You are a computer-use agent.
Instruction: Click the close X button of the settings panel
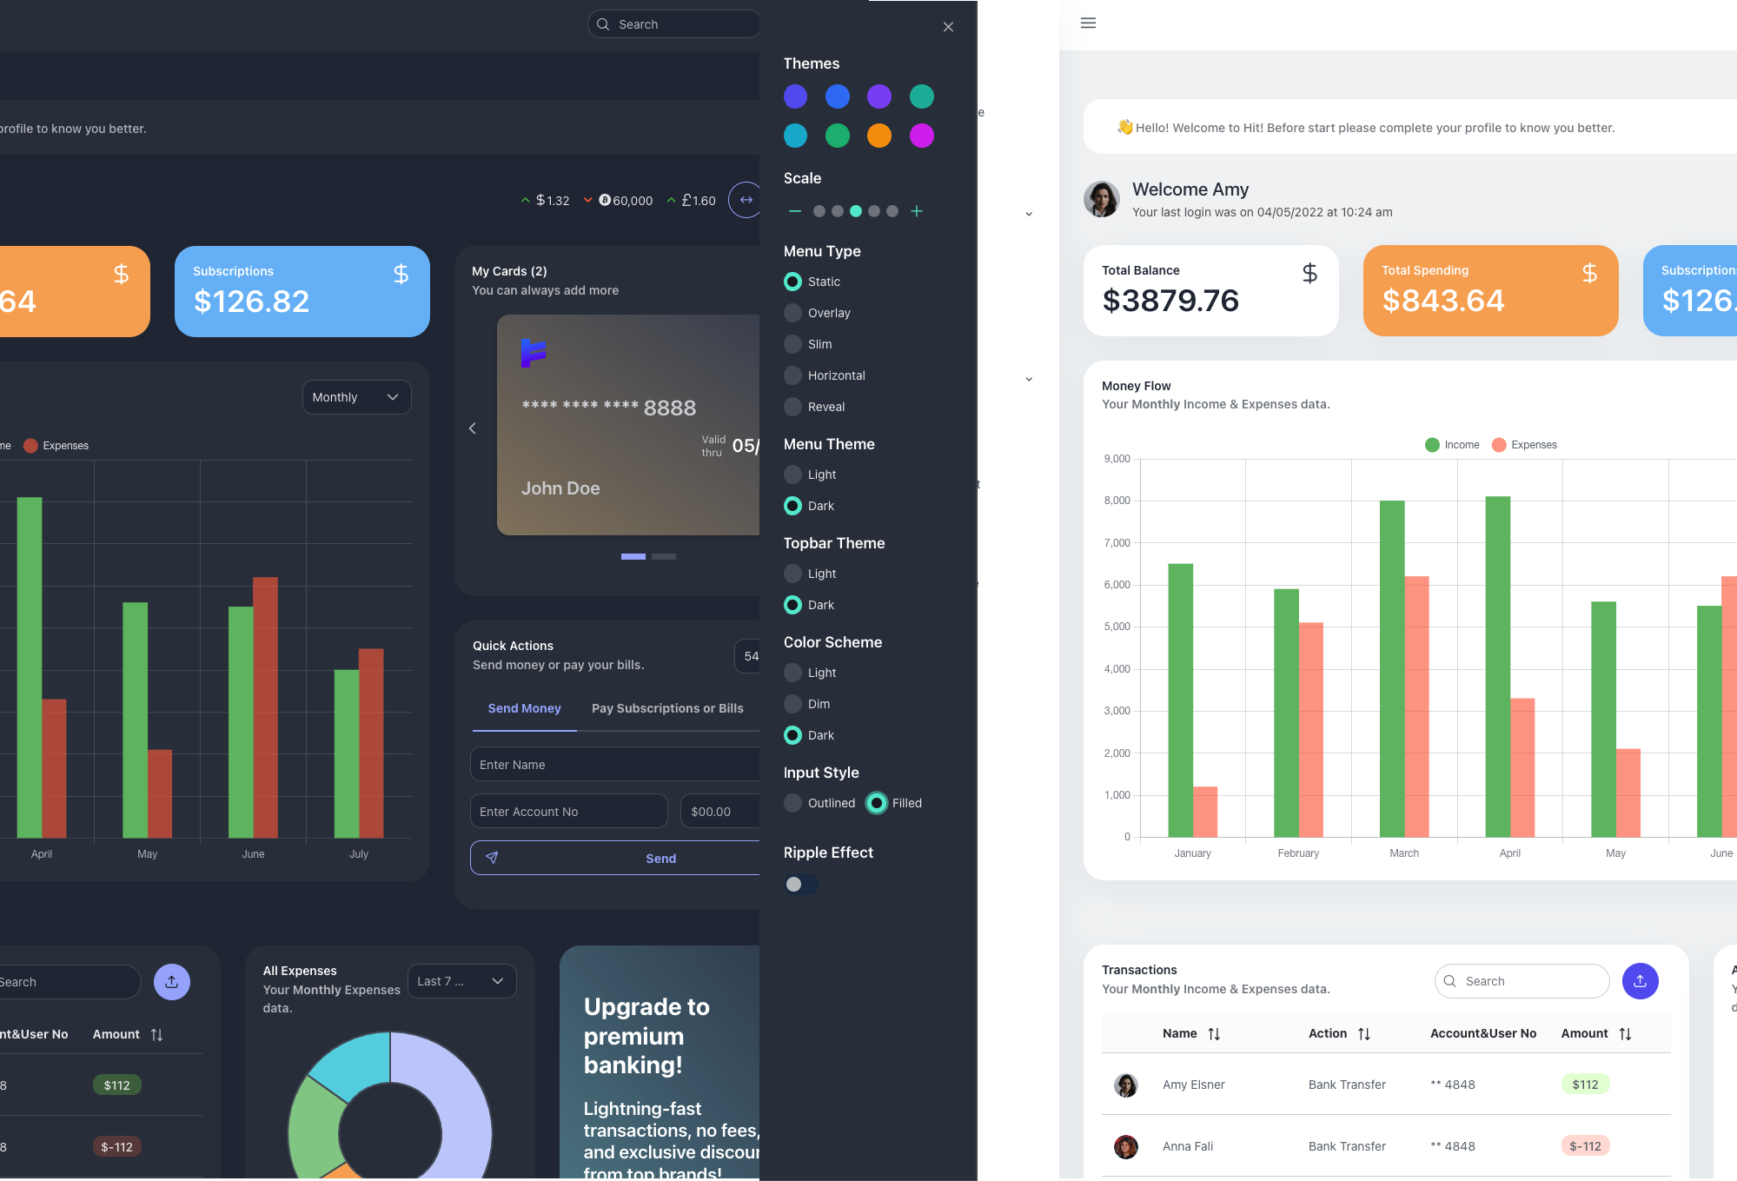pyautogui.click(x=948, y=27)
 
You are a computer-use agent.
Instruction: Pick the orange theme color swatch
pyautogui.click(x=879, y=136)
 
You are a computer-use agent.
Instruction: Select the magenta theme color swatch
pyautogui.click(x=921, y=136)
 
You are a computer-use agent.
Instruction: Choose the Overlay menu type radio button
pyautogui.click(x=792, y=313)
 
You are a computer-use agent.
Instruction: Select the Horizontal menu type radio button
pyautogui.click(x=792, y=375)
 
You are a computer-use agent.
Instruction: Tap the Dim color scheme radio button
pyautogui.click(x=792, y=704)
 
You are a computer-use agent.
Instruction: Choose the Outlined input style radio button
pyautogui.click(x=792, y=803)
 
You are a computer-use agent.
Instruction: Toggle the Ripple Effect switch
pyautogui.click(x=800, y=884)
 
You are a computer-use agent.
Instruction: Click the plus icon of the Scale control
pyautogui.click(x=917, y=211)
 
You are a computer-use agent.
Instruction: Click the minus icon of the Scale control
pyautogui.click(x=794, y=211)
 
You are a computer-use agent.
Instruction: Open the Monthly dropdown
pyautogui.click(x=356, y=397)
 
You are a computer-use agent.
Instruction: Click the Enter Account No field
pyautogui.click(x=568, y=812)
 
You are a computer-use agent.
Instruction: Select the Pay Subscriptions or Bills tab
pyautogui.click(x=667, y=708)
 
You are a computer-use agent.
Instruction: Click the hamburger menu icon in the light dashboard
pyautogui.click(x=1088, y=23)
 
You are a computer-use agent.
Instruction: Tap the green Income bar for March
pyautogui.click(x=1392, y=669)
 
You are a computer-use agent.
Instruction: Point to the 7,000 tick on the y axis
pyautogui.click(x=1117, y=543)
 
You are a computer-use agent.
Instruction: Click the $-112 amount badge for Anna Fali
pyautogui.click(x=1585, y=1146)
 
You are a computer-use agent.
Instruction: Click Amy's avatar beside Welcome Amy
pyautogui.click(x=1102, y=199)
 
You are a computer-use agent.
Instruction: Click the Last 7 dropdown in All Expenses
pyautogui.click(x=461, y=981)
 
